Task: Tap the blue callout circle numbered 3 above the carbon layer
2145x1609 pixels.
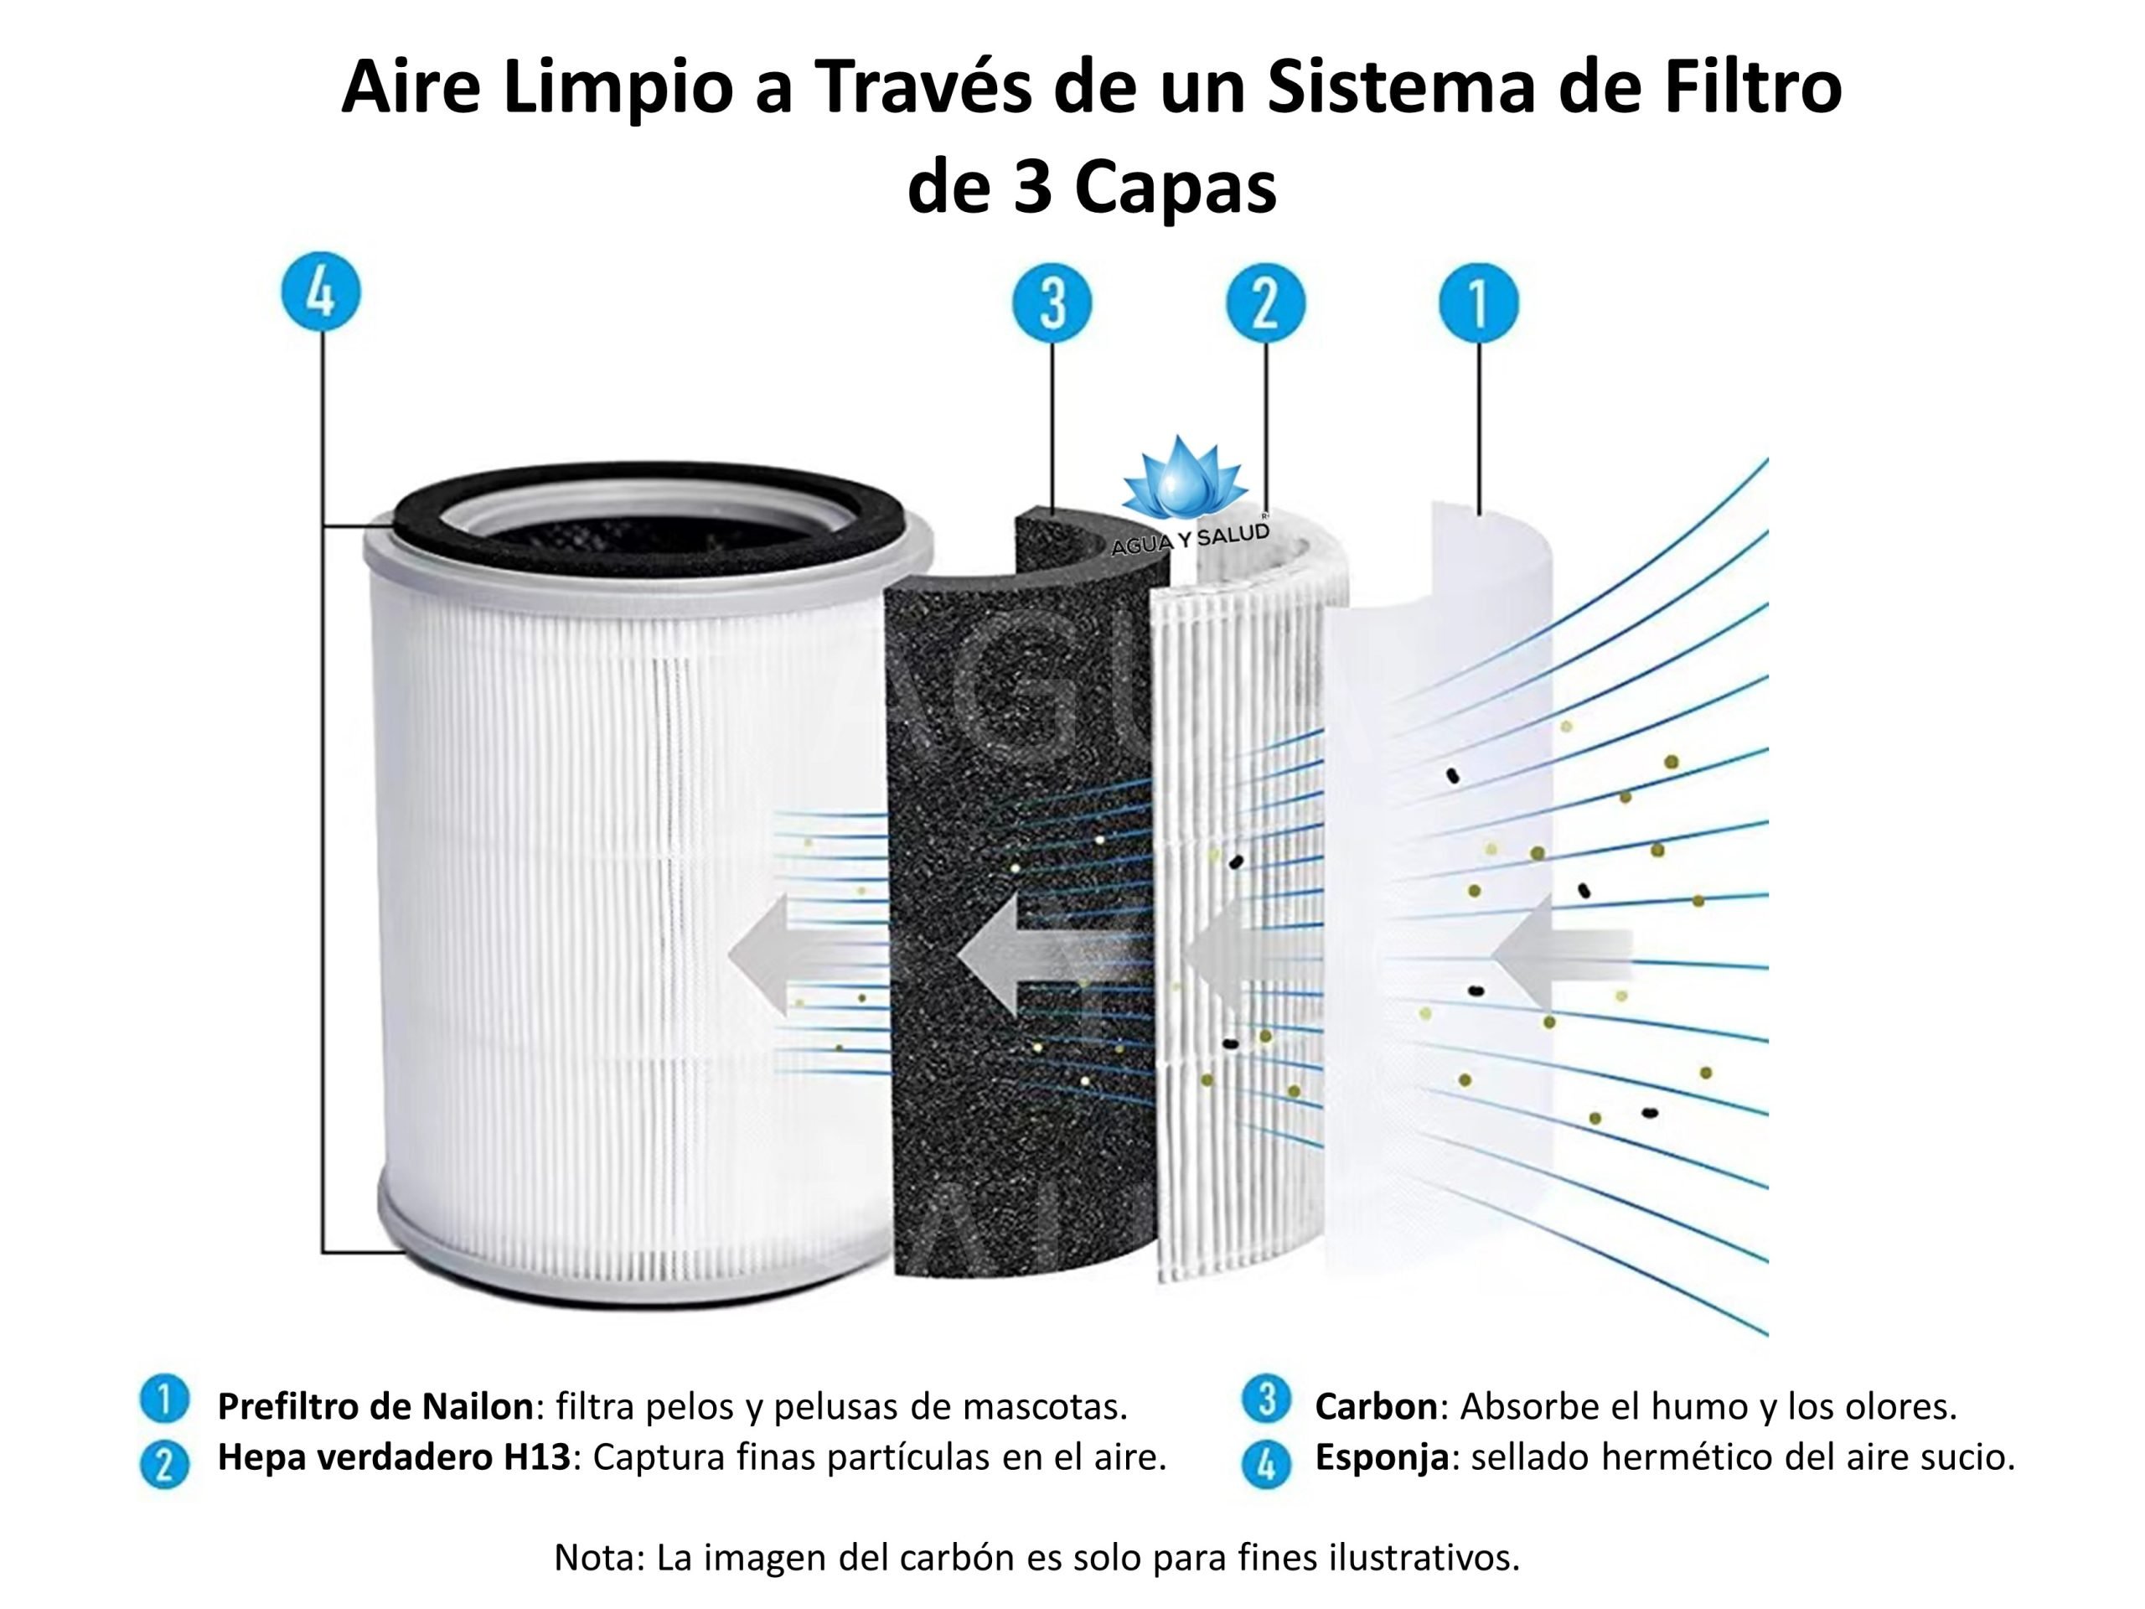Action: click(x=1052, y=303)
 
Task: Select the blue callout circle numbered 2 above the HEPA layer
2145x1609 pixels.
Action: click(x=1264, y=303)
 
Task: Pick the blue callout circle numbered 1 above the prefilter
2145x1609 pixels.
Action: click(x=1478, y=303)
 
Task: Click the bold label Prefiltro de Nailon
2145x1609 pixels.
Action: click(x=375, y=1405)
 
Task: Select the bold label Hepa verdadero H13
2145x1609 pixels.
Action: click(x=393, y=1456)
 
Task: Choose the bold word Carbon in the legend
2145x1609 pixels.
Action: click(x=1375, y=1405)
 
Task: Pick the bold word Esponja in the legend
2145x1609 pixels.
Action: click(x=1381, y=1456)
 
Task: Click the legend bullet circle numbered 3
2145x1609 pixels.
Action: click(x=1265, y=1399)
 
